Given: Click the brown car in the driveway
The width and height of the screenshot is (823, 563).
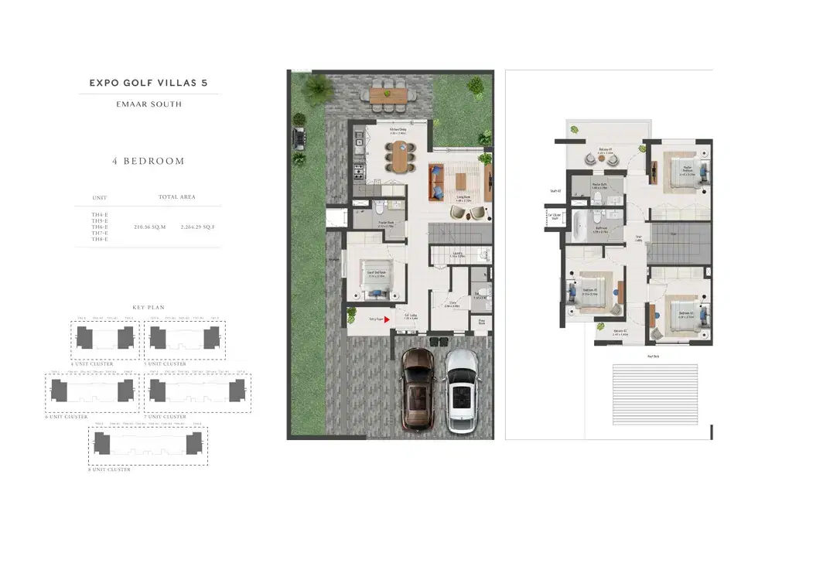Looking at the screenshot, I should click(419, 390).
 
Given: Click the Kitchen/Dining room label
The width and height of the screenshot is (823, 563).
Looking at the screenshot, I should click(398, 131).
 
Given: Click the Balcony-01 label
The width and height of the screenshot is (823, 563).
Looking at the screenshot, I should click(605, 150).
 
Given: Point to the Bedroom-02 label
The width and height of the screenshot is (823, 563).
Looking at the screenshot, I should click(686, 312).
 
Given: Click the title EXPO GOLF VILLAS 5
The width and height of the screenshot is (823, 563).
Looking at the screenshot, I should click(149, 82).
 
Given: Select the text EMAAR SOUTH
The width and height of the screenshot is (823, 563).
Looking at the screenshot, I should click(149, 104).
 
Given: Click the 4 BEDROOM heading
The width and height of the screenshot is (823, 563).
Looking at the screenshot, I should click(149, 161).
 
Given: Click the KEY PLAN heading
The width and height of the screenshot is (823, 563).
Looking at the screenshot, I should click(149, 307).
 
